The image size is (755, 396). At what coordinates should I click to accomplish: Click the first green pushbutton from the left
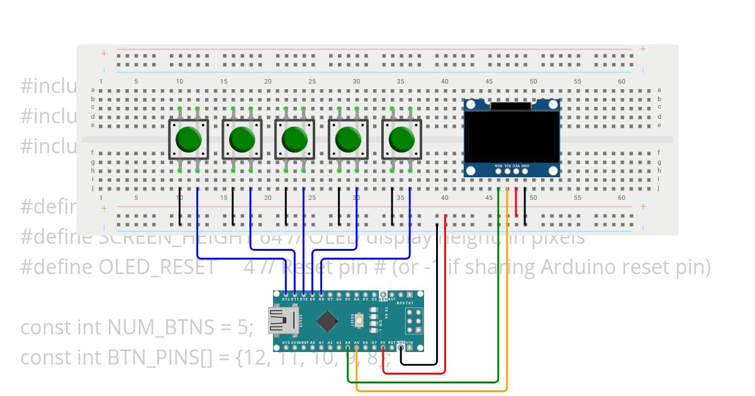(x=188, y=140)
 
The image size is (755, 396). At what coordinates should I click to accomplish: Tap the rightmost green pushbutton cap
(x=402, y=140)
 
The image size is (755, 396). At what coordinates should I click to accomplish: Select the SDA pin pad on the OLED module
(x=498, y=170)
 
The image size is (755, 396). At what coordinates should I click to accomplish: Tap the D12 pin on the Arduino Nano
(x=286, y=294)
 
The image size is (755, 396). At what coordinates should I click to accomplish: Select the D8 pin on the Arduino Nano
(x=322, y=294)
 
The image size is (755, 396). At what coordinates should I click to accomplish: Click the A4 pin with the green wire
(x=348, y=348)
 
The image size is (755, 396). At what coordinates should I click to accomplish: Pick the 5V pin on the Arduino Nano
(x=383, y=348)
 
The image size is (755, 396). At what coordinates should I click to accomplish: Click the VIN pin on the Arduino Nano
(x=410, y=348)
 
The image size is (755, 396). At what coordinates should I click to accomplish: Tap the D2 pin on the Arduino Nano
(x=374, y=294)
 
